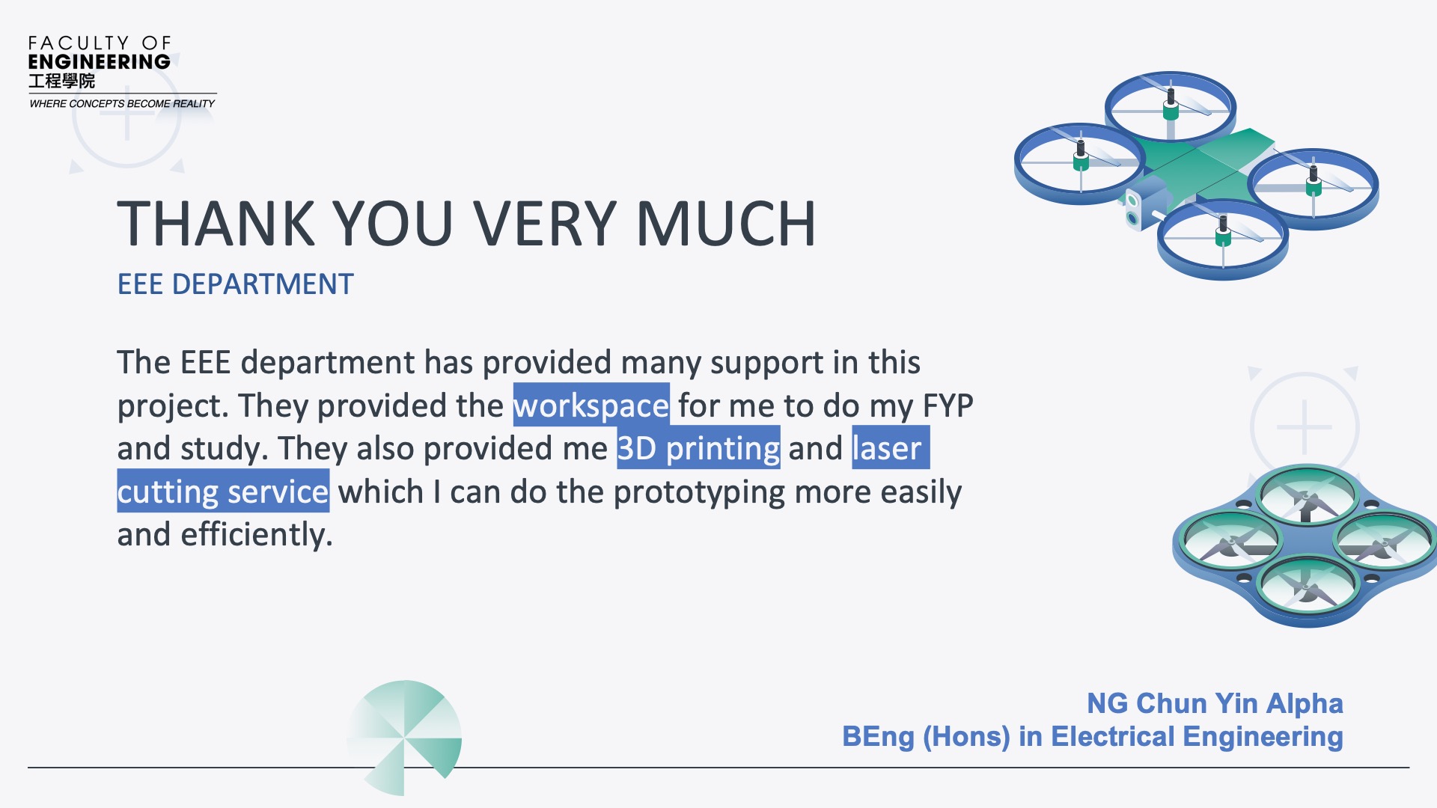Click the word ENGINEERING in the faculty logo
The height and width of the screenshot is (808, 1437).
click(x=100, y=62)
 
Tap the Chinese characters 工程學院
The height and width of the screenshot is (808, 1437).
click(x=62, y=81)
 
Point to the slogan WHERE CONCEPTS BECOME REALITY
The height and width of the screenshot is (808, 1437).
click(x=122, y=104)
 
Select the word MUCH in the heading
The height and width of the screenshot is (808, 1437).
click(x=726, y=224)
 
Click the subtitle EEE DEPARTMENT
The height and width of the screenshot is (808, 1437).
click(x=235, y=284)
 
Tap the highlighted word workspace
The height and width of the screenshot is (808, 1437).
click(x=591, y=405)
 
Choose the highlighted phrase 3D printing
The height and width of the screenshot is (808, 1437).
click(x=698, y=447)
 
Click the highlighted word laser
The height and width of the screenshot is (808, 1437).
click(x=891, y=447)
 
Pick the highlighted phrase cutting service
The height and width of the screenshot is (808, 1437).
click(x=223, y=491)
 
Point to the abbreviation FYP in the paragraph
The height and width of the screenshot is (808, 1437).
click(x=948, y=405)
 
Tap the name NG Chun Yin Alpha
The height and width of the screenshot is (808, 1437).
click(x=1215, y=703)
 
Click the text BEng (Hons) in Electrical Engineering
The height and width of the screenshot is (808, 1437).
click(x=1093, y=737)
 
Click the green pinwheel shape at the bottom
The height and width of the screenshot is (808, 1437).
click(x=404, y=738)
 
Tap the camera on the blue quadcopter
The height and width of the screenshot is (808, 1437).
click(x=1132, y=209)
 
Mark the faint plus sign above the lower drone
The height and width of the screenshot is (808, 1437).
click(x=1305, y=426)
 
